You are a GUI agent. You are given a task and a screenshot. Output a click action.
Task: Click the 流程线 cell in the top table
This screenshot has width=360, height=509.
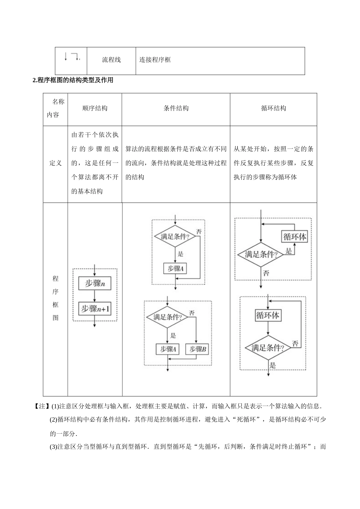[111, 60]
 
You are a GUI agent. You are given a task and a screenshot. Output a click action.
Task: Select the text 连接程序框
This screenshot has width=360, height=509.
[155, 60]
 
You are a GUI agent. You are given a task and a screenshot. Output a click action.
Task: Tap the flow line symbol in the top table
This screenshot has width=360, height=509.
[72, 57]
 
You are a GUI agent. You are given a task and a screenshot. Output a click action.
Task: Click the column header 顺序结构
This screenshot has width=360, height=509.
[95, 108]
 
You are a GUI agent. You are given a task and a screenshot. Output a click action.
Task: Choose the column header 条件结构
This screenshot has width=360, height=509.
[176, 108]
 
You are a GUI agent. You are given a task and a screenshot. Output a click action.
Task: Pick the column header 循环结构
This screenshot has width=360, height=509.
[273, 108]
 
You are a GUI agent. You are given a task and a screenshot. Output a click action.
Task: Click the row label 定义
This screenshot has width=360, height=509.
[55, 163]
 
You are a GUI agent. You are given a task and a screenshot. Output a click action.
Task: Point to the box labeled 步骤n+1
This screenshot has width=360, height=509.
[95, 309]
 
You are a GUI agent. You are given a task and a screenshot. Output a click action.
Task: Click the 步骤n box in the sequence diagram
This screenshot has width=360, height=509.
[95, 283]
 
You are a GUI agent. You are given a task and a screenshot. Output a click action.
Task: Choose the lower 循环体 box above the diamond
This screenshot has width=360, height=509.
[268, 315]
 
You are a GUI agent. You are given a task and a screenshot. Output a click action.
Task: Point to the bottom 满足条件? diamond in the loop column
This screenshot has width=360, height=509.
[268, 348]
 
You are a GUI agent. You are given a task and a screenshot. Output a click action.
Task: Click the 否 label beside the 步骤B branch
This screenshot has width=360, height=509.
[192, 313]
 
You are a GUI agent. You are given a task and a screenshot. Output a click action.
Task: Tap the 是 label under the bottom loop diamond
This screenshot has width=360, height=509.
[272, 366]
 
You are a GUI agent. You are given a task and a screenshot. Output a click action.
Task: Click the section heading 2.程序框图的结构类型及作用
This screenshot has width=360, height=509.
[73, 80]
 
